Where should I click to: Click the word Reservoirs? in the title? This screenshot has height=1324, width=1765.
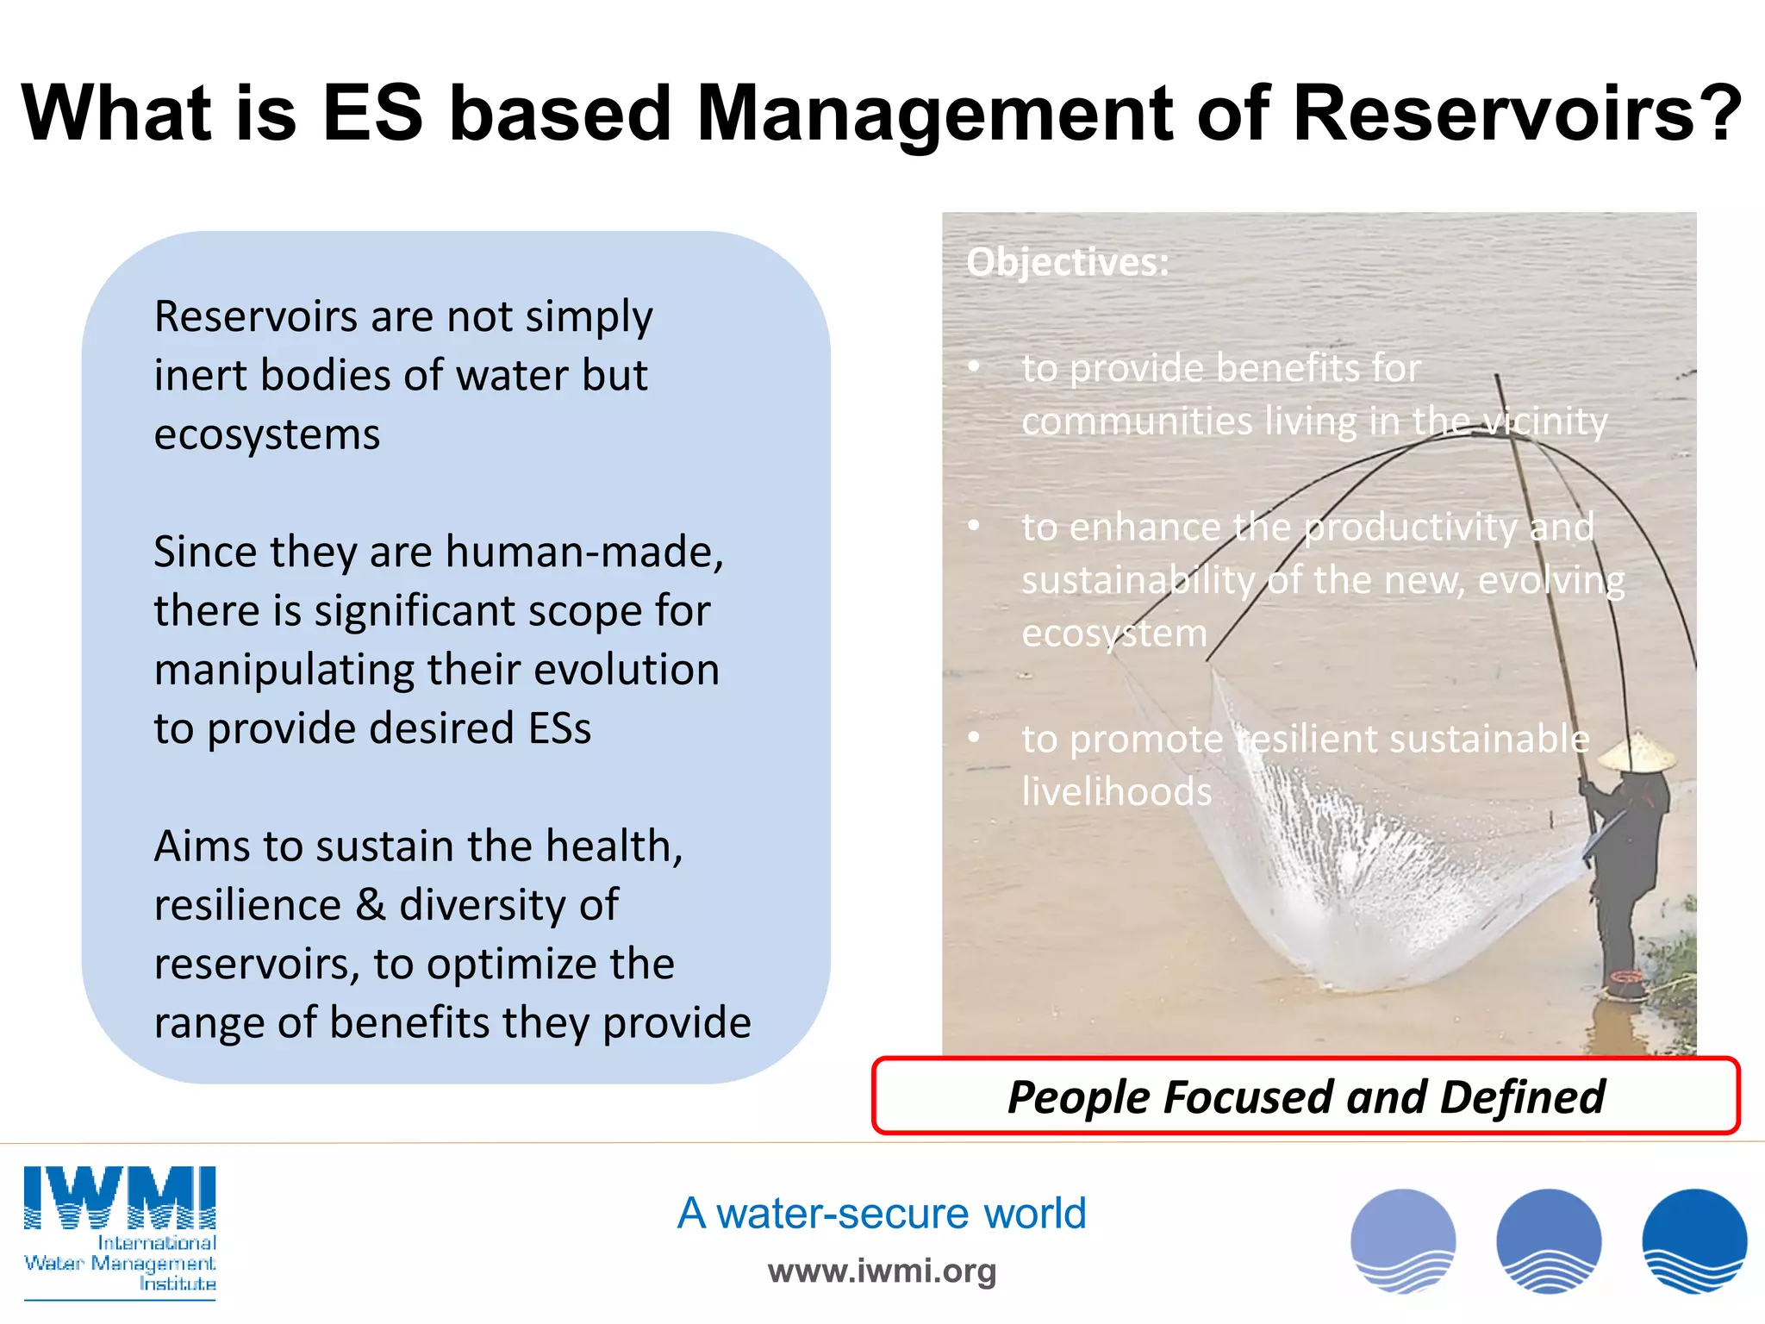click(1517, 114)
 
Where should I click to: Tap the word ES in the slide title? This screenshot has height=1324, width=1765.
click(372, 114)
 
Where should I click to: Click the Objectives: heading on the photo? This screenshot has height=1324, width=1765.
click(1068, 262)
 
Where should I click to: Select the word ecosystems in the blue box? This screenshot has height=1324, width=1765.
click(267, 434)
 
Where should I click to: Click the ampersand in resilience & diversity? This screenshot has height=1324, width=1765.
click(370, 905)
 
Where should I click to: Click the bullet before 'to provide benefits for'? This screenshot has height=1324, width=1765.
click(974, 367)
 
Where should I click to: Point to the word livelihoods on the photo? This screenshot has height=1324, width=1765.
click(1116, 792)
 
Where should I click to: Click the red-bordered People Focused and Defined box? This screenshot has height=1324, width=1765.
click(1305, 1096)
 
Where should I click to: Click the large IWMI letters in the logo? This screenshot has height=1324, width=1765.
click(120, 1196)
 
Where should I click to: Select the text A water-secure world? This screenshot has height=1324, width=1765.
click(881, 1214)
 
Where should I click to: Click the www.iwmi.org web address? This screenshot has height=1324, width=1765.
click(881, 1271)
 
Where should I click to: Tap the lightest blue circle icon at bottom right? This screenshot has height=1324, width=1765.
click(1403, 1241)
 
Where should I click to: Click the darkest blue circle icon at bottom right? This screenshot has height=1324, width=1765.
click(1694, 1241)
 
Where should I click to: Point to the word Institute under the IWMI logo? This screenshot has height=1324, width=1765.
click(178, 1284)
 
